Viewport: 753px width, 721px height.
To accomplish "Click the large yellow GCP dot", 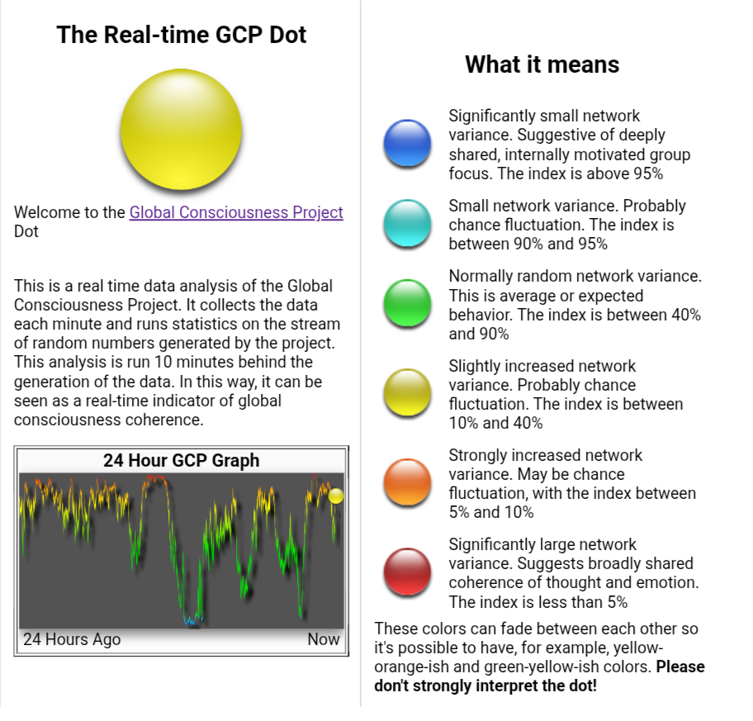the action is (181, 129).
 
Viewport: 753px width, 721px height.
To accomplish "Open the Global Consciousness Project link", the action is (236, 212).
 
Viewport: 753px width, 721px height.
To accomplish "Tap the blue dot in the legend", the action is (407, 143).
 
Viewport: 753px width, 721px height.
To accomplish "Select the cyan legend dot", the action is (407, 223).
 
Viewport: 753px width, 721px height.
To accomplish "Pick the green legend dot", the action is (407, 303).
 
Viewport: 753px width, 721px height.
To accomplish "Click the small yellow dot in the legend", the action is (407, 392).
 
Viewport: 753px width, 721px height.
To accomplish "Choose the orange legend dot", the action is (407, 482).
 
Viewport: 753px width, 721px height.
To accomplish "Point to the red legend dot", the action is (407, 572).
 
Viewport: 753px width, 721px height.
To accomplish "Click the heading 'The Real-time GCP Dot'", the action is (181, 35).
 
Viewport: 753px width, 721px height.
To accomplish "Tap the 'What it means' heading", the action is (542, 64).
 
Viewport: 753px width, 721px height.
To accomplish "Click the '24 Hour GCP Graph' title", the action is (181, 460).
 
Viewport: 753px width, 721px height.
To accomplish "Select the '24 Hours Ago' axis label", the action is (72, 639).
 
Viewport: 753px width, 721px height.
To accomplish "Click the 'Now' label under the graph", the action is (324, 639).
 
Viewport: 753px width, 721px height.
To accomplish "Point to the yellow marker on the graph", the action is (336, 496).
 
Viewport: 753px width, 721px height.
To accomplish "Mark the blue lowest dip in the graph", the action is (190, 622).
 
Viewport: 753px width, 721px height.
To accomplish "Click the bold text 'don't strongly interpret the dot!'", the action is (485, 685).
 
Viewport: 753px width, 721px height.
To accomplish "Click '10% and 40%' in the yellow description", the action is (495, 423).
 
